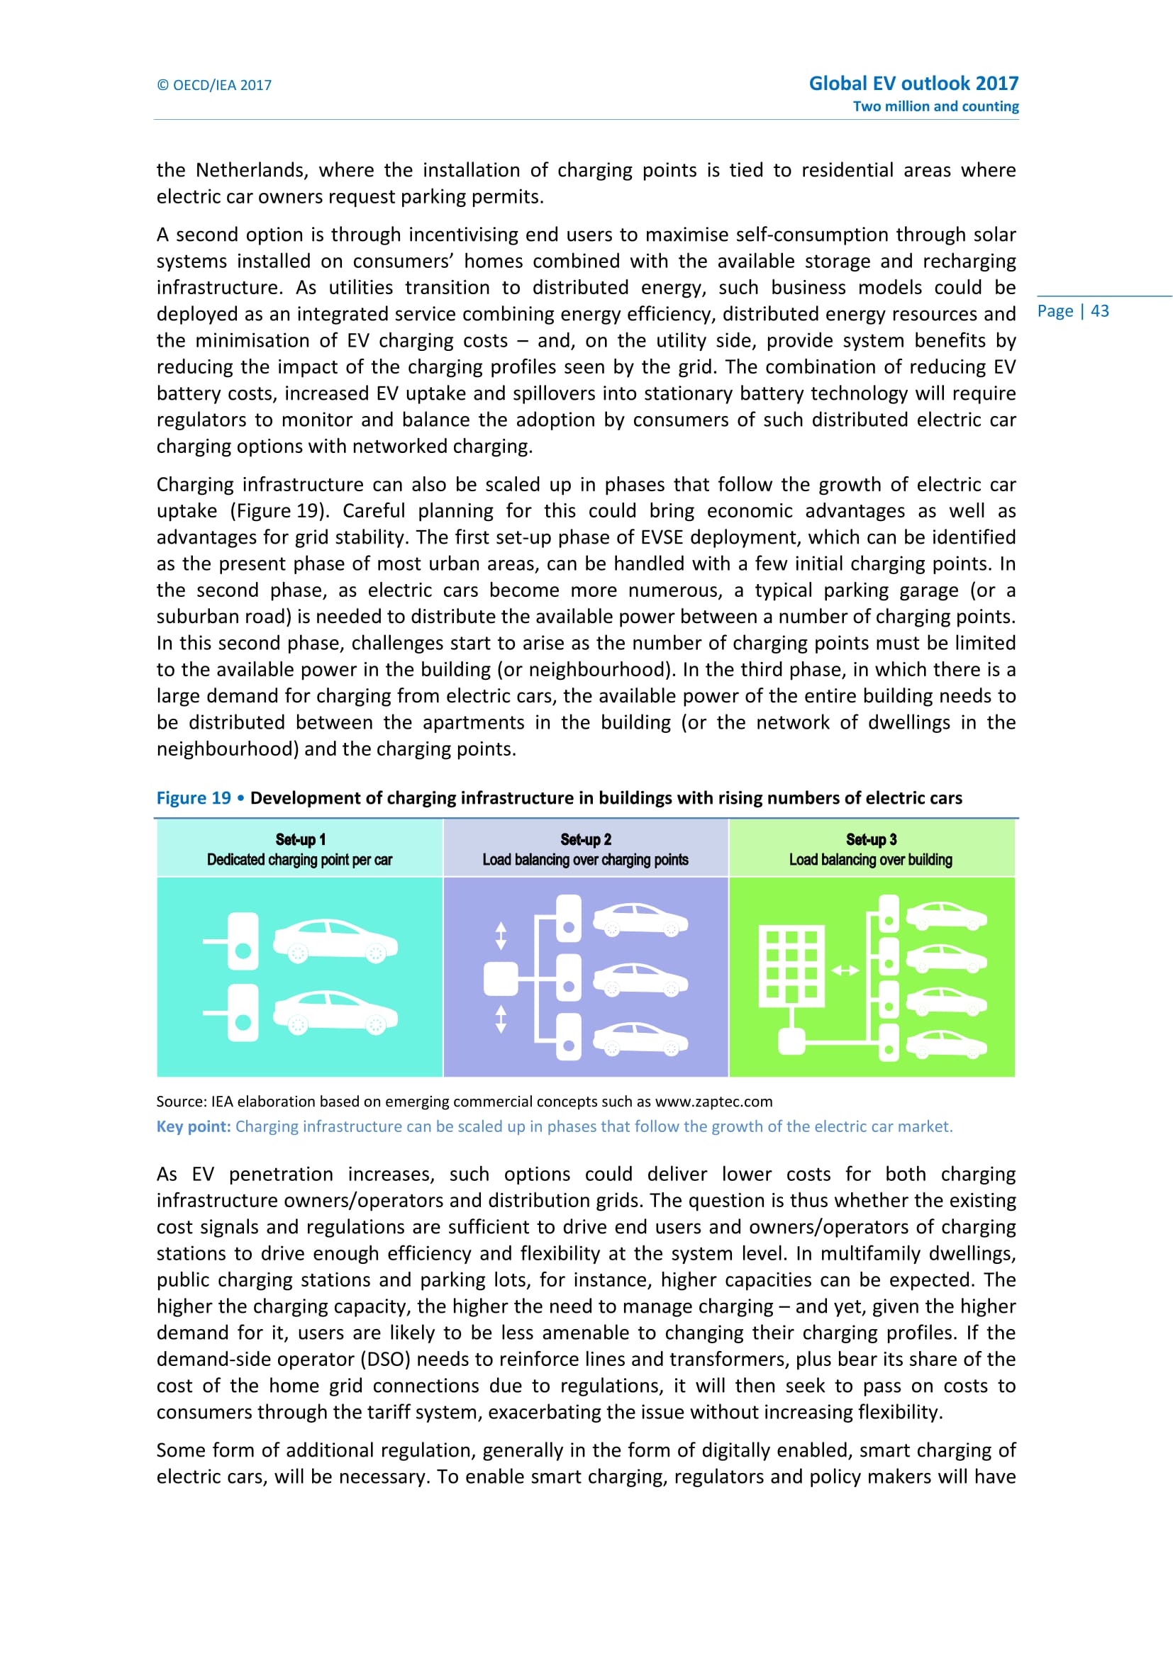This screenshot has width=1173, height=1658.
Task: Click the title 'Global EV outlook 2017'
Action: coord(913,83)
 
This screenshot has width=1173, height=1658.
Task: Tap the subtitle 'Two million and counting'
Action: coord(935,106)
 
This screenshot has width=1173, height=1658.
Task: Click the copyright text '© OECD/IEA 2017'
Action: coord(213,85)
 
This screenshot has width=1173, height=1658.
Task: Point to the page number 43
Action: coord(1099,311)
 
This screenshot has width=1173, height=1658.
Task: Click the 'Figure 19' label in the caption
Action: coord(193,798)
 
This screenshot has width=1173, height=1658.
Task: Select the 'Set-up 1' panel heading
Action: coord(301,839)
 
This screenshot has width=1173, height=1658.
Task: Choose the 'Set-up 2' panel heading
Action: coord(586,839)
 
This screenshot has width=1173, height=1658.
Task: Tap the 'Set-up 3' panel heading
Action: coord(871,839)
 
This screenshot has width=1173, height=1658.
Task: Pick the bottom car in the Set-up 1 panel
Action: coord(335,1012)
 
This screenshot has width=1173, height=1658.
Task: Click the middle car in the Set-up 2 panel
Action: coord(640,979)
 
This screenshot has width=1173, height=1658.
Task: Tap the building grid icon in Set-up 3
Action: coord(791,965)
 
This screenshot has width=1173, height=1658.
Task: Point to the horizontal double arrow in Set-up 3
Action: coord(845,970)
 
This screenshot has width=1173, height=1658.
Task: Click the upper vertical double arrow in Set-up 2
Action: coord(501,936)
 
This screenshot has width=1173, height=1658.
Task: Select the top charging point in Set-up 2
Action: coord(569,919)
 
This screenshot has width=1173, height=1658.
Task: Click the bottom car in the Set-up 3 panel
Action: coord(946,1045)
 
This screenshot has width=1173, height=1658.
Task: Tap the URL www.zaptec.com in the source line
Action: coord(713,1102)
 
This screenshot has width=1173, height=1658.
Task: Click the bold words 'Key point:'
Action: coord(194,1126)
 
